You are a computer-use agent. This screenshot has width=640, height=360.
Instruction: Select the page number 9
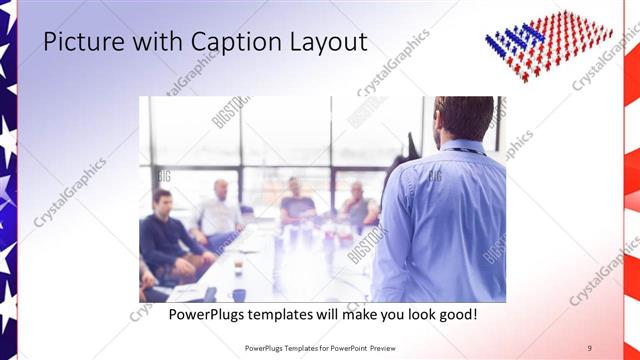coord(589,348)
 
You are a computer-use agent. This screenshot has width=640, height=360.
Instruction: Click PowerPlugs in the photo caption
coord(206,314)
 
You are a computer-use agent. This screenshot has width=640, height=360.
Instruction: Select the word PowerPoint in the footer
coord(346,348)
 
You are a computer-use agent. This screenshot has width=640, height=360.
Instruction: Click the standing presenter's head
coord(462,115)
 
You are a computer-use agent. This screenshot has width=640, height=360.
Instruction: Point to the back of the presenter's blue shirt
coord(445,220)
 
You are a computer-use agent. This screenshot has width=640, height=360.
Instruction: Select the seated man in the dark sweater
coord(165,235)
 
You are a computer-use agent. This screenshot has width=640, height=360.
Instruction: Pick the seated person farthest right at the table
coord(357,205)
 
